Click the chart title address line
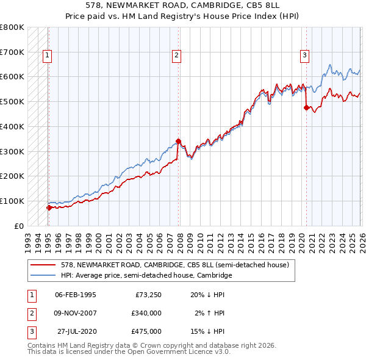[x=182, y=6]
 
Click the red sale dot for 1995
[x=49, y=207]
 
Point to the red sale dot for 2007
[x=178, y=141]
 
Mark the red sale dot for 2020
[x=306, y=107]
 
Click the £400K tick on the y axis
[x=12, y=126]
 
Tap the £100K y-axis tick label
[x=12, y=201]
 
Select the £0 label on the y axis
[x=20, y=226]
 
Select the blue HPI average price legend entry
[x=146, y=275]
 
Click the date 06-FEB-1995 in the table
[x=76, y=295]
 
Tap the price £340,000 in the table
[x=146, y=313]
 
